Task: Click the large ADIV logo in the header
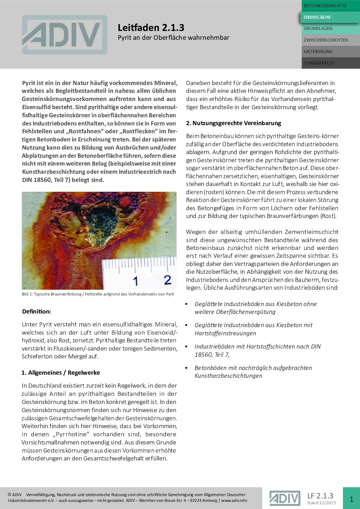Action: coord(65,35)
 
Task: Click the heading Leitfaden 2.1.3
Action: coord(151,28)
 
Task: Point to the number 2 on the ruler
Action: coord(167,280)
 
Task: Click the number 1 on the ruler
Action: coord(135,281)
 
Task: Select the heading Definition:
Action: coord(36,311)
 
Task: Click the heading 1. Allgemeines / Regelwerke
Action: coord(61,373)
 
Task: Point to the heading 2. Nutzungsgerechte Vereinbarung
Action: coord(233,123)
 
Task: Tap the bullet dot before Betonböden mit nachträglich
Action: coord(186,368)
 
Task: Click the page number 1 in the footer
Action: coord(351,499)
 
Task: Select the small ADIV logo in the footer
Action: coord(284,498)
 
